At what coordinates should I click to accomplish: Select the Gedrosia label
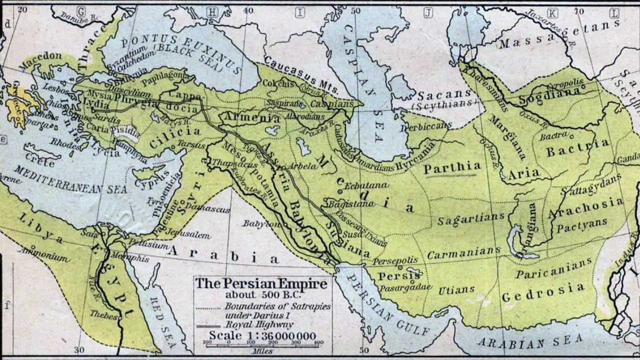(x=542, y=292)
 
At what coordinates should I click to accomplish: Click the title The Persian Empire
(x=261, y=284)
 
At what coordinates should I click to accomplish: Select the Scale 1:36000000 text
(x=262, y=335)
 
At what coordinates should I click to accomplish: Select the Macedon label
(x=40, y=56)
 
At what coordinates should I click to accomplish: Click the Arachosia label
(x=586, y=208)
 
